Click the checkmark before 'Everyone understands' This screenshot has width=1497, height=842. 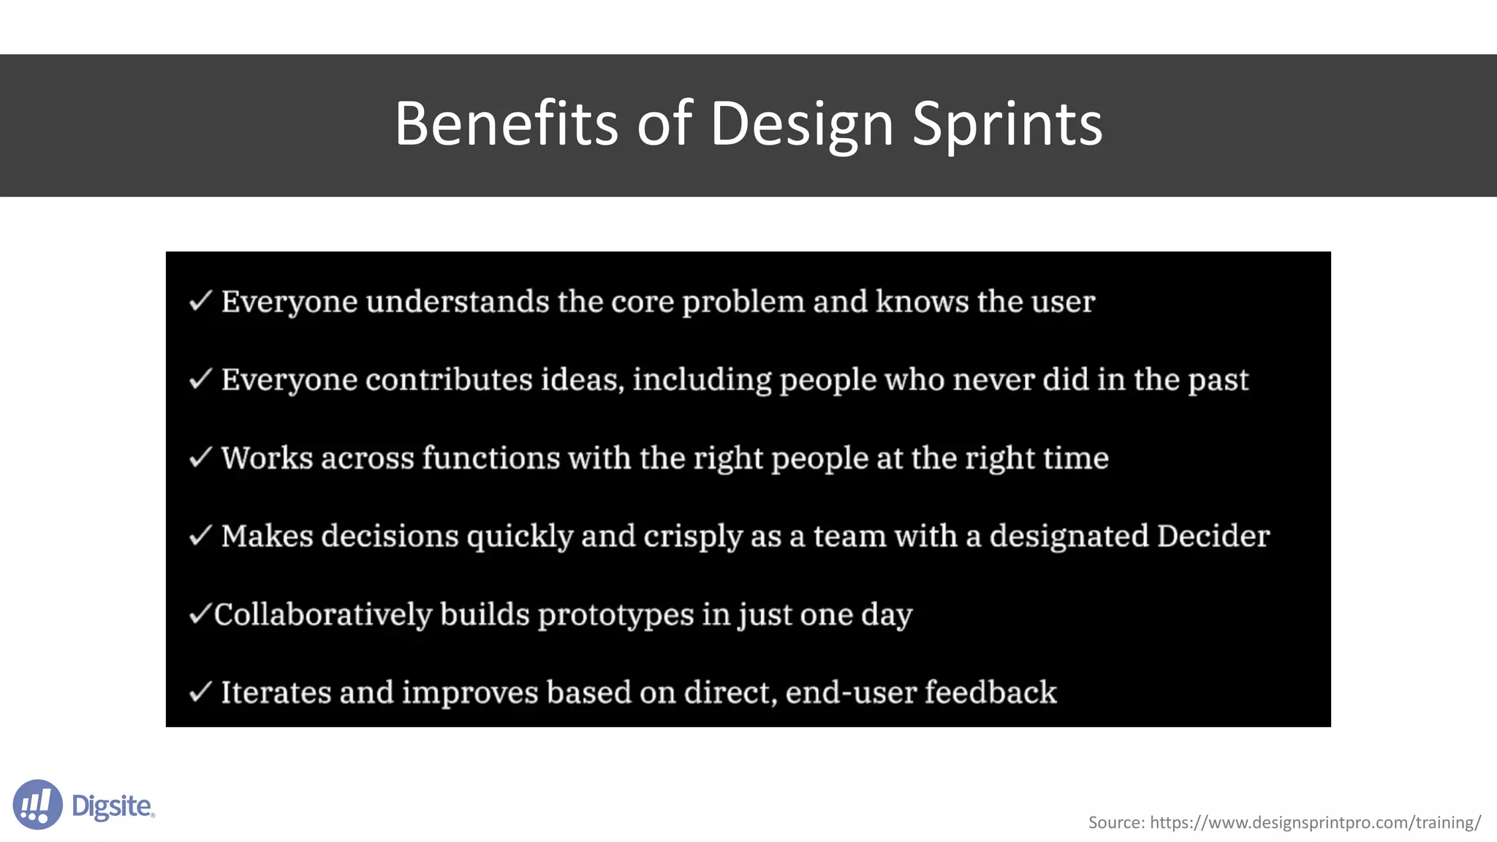[200, 300]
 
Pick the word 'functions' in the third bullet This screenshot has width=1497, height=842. [490, 458]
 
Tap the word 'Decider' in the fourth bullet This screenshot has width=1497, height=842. [1213, 536]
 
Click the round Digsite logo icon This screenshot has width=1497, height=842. [37, 805]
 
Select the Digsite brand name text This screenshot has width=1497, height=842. [113, 806]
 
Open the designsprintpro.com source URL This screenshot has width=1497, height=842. [1315, 823]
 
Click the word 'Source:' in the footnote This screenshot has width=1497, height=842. [1116, 823]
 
